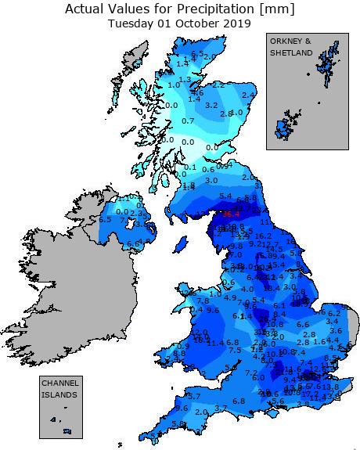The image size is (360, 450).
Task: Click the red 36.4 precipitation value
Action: pos(232,213)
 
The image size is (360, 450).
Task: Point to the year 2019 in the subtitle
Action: pos(235,23)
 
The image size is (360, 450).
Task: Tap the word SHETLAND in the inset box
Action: pos(291,52)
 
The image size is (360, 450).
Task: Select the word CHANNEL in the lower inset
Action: pos(60,384)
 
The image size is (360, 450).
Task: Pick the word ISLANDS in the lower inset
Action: pos(60,395)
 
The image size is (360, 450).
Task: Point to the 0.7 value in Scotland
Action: pos(188,121)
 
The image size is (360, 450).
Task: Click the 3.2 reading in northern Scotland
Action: pos(211,105)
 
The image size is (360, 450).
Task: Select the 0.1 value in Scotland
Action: pos(191,167)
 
